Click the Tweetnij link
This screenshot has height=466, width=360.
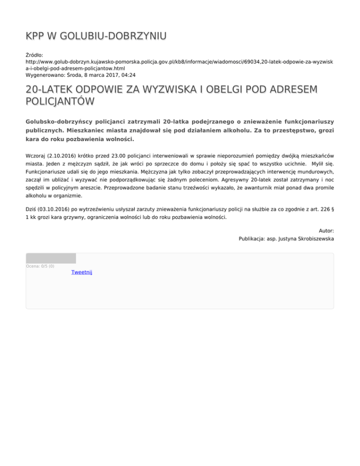(x=82, y=272)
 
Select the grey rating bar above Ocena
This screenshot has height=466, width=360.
(x=51, y=258)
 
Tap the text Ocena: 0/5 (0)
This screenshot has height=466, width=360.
(x=40, y=266)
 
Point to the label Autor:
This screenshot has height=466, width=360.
(x=326, y=231)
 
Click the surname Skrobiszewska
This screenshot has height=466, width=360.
(x=314, y=238)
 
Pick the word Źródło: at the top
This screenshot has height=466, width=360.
(x=34, y=55)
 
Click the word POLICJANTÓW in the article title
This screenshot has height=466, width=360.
(x=60, y=101)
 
